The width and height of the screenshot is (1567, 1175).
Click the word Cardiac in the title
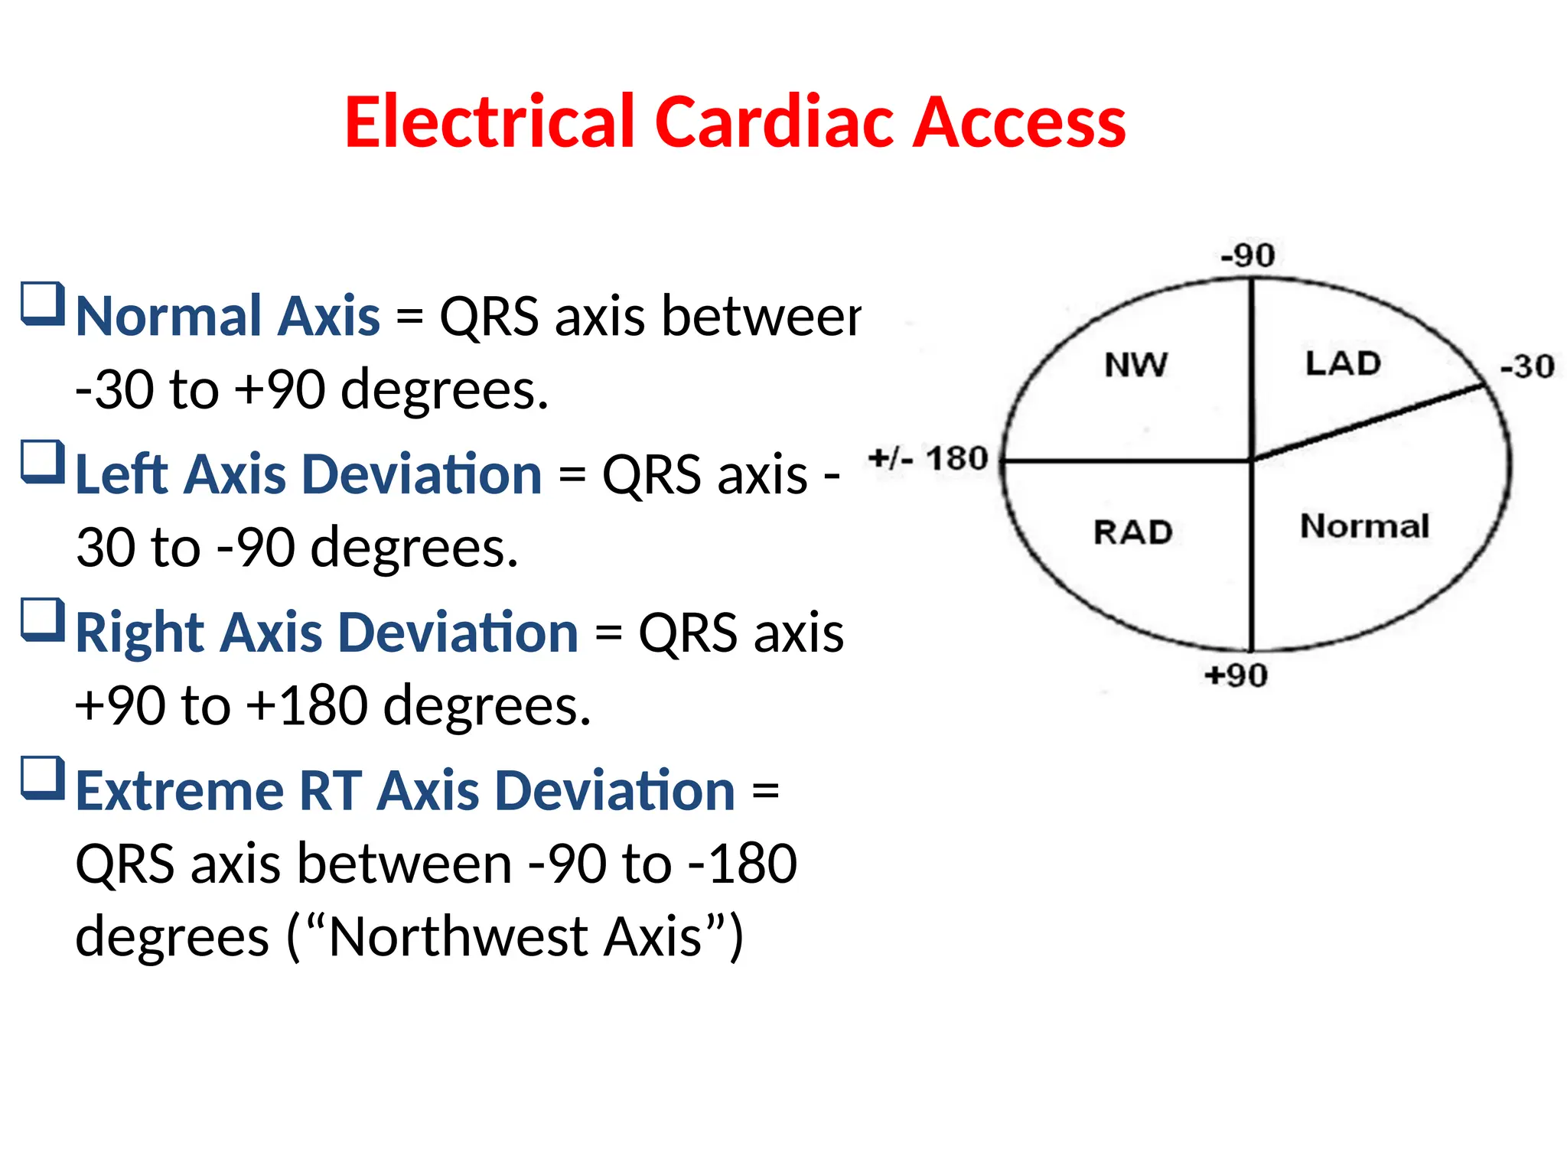(775, 122)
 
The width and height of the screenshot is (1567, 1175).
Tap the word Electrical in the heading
(490, 122)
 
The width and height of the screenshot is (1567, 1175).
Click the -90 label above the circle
(1247, 256)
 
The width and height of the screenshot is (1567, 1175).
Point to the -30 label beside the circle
(1527, 366)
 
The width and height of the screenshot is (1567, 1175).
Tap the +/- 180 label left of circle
(929, 459)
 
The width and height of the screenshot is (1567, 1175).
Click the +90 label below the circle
(1236, 675)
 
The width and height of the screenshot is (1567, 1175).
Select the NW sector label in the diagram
(1136, 365)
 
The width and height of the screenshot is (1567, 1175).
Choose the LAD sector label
(1343, 363)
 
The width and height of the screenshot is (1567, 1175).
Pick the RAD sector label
(1132, 532)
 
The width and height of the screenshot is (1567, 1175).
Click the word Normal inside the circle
(1364, 526)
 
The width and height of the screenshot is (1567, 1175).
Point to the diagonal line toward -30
(1370, 423)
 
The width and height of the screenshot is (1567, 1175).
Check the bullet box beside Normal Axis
(42, 304)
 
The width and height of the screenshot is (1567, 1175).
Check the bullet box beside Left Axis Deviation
(42, 462)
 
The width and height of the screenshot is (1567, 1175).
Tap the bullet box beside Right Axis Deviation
(42, 620)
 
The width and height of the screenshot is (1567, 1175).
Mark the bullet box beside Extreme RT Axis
(42, 779)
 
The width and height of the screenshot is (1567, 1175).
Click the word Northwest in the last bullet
(459, 937)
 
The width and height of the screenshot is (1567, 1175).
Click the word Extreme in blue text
(181, 791)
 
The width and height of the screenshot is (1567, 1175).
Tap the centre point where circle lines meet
(1252, 461)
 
